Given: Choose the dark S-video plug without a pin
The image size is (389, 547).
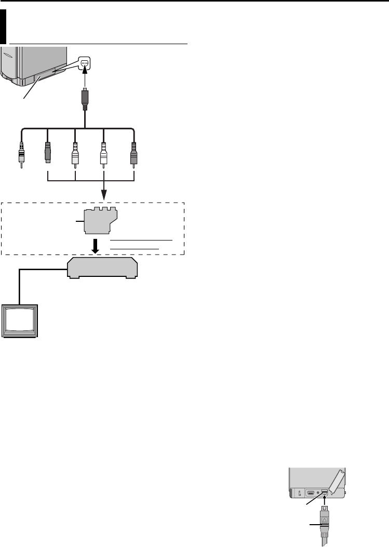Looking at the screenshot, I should (47, 151).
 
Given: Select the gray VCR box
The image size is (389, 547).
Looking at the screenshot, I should (103, 269).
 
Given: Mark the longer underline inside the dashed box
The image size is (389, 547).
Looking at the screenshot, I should (142, 241).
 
